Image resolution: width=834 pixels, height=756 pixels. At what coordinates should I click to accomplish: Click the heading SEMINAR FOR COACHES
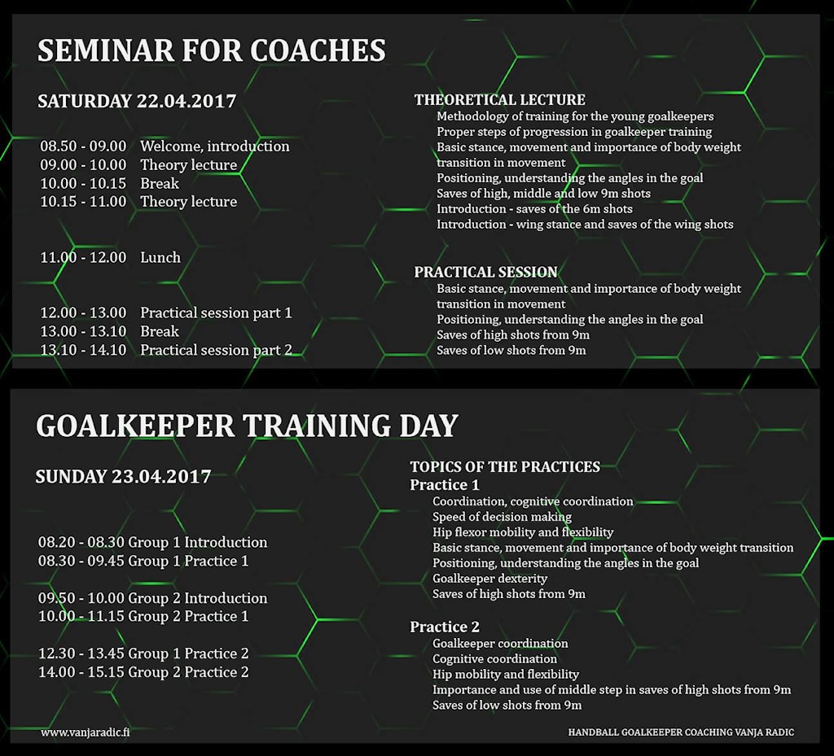[x=211, y=50]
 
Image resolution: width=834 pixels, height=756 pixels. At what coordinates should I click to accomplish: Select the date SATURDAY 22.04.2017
[x=137, y=101]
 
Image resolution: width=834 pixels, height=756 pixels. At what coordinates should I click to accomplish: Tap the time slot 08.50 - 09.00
[x=84, y=146]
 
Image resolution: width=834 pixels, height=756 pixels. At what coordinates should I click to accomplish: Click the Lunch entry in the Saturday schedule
[x=160, y=257]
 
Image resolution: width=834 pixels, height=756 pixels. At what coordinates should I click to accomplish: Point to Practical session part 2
[x=216, y=350]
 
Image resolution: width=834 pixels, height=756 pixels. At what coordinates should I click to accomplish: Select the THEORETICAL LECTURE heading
[x=499, y=100]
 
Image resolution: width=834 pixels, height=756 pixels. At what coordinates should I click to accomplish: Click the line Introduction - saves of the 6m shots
[x=534, y=209]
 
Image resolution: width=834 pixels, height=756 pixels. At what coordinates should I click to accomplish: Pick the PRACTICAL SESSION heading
[x=485, y=272]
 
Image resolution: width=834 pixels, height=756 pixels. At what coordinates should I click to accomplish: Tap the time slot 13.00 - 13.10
[x=84, y=331]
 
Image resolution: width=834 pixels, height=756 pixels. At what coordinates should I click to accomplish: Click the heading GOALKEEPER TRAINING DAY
[x=247, y=426]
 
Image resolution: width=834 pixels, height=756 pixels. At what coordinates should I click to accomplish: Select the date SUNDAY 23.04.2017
[x=124, y=477]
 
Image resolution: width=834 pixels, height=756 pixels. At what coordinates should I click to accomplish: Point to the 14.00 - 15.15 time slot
[x=81, y=672]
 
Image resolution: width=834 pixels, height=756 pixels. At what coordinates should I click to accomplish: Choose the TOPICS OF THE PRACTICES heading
[x=505, y=467]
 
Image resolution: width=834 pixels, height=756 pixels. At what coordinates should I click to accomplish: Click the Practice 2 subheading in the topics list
[x=445, y=627]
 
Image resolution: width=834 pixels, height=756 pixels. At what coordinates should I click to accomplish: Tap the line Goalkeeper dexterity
[x=489, y=579]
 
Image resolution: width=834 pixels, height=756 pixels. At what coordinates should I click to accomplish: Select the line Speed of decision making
[x=502, y=517]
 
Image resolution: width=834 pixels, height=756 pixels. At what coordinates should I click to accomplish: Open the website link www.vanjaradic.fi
[x=85, y=732]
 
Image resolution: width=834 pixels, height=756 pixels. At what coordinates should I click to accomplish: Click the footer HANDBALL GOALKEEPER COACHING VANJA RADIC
[x=681, y=732]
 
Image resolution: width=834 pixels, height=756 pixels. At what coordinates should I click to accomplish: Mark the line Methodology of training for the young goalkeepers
[x=575, y=116]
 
